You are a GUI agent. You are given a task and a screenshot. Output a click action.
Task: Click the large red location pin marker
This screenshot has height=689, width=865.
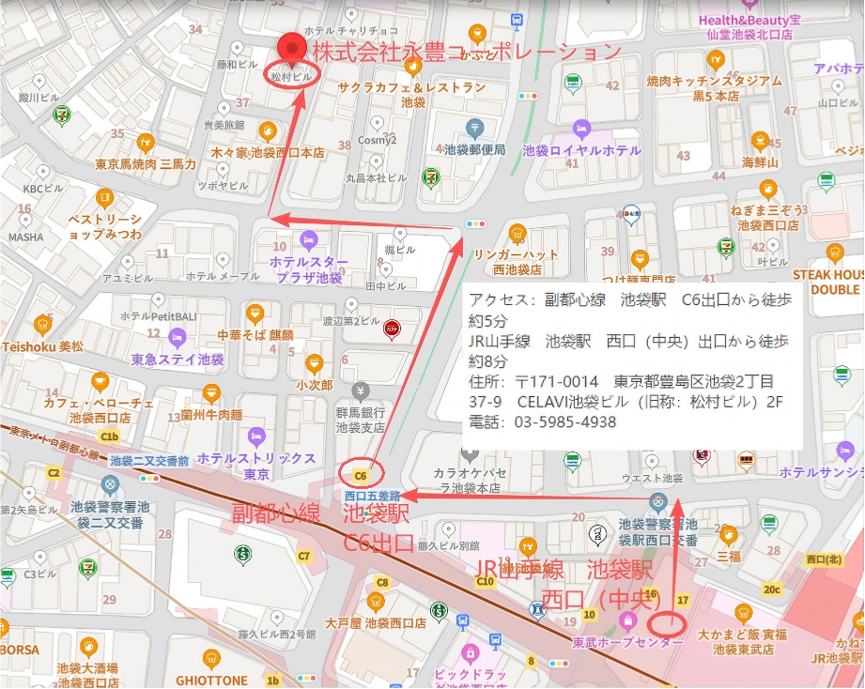coord(295,47)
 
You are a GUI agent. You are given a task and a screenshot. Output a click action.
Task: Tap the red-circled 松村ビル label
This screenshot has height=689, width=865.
coord(290,74)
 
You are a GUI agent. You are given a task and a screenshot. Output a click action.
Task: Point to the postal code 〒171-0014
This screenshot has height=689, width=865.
coord(556,382)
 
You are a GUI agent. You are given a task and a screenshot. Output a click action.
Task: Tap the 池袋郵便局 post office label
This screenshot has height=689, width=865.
coord(475,149)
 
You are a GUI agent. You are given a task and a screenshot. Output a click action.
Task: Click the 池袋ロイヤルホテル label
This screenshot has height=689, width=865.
coord(581,150)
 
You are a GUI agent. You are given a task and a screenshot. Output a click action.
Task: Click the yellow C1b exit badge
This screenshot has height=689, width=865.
coord(110,437)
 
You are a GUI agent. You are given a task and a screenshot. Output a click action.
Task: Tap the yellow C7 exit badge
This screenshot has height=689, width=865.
coord(303,556)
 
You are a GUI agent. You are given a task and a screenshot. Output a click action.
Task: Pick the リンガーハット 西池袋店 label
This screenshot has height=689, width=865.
coord(515,261)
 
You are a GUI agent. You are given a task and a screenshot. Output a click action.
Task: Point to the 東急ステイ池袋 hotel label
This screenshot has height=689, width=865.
coord(178,360)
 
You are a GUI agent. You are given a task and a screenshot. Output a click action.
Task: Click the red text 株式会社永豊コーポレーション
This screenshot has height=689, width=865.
coord(467,51)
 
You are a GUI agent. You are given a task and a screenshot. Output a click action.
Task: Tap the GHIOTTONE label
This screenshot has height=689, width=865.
coord(211,681)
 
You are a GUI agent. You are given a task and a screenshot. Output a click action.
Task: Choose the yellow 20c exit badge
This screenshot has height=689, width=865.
coord(771,589)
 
